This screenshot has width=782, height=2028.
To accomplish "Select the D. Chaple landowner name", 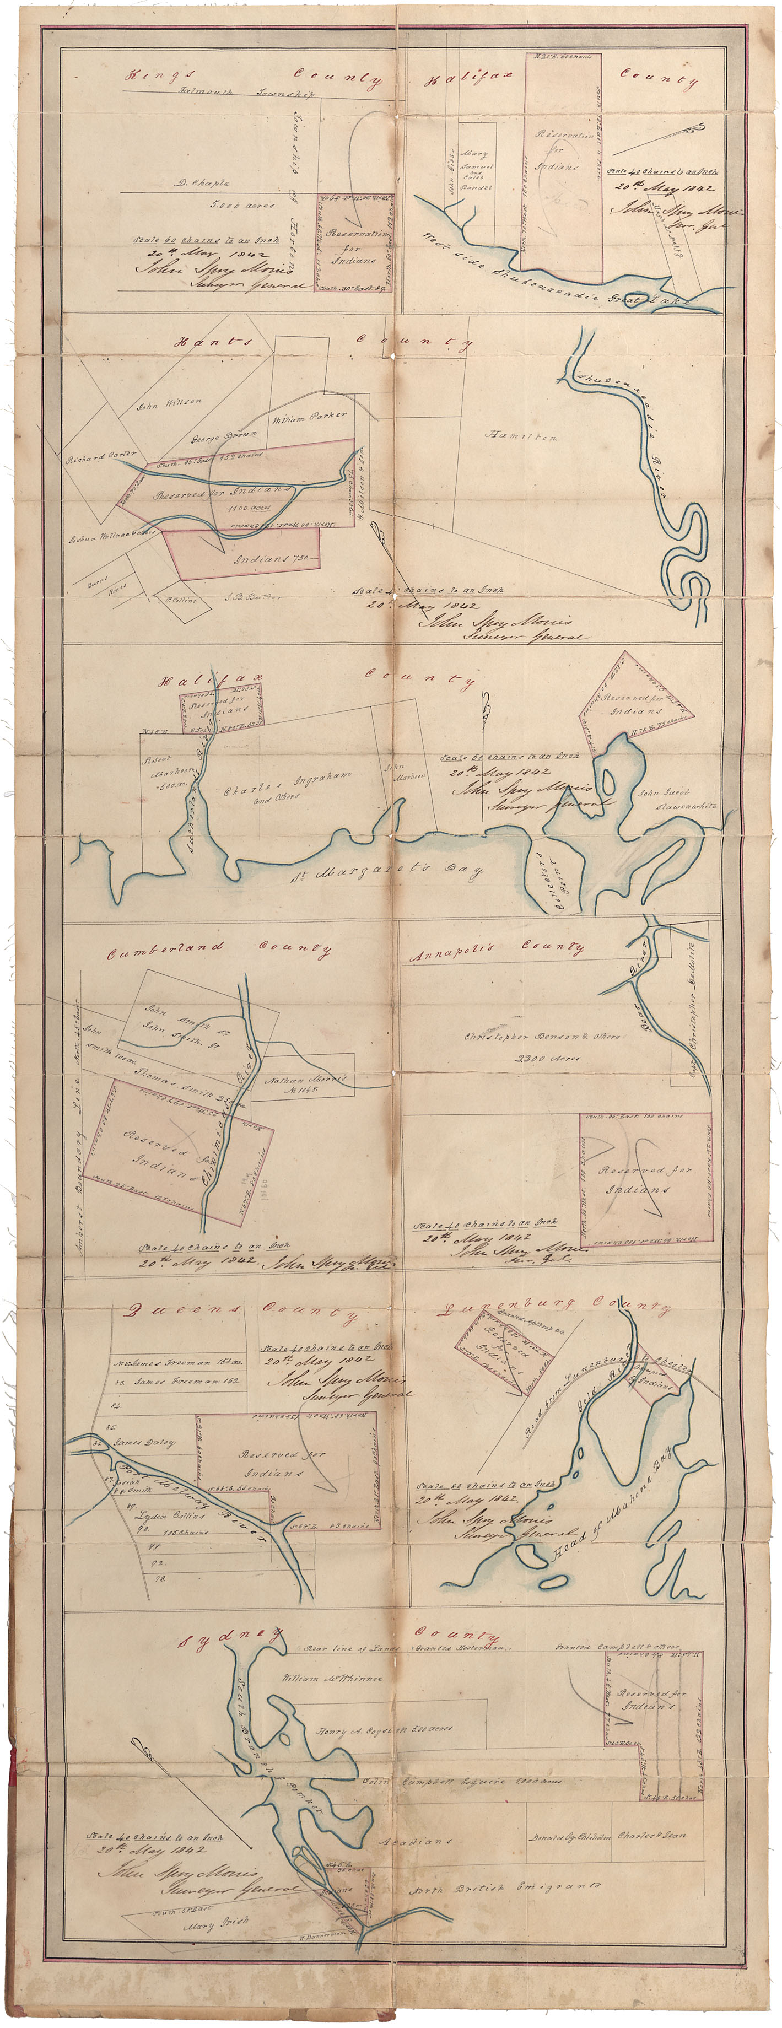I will point(203,182).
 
